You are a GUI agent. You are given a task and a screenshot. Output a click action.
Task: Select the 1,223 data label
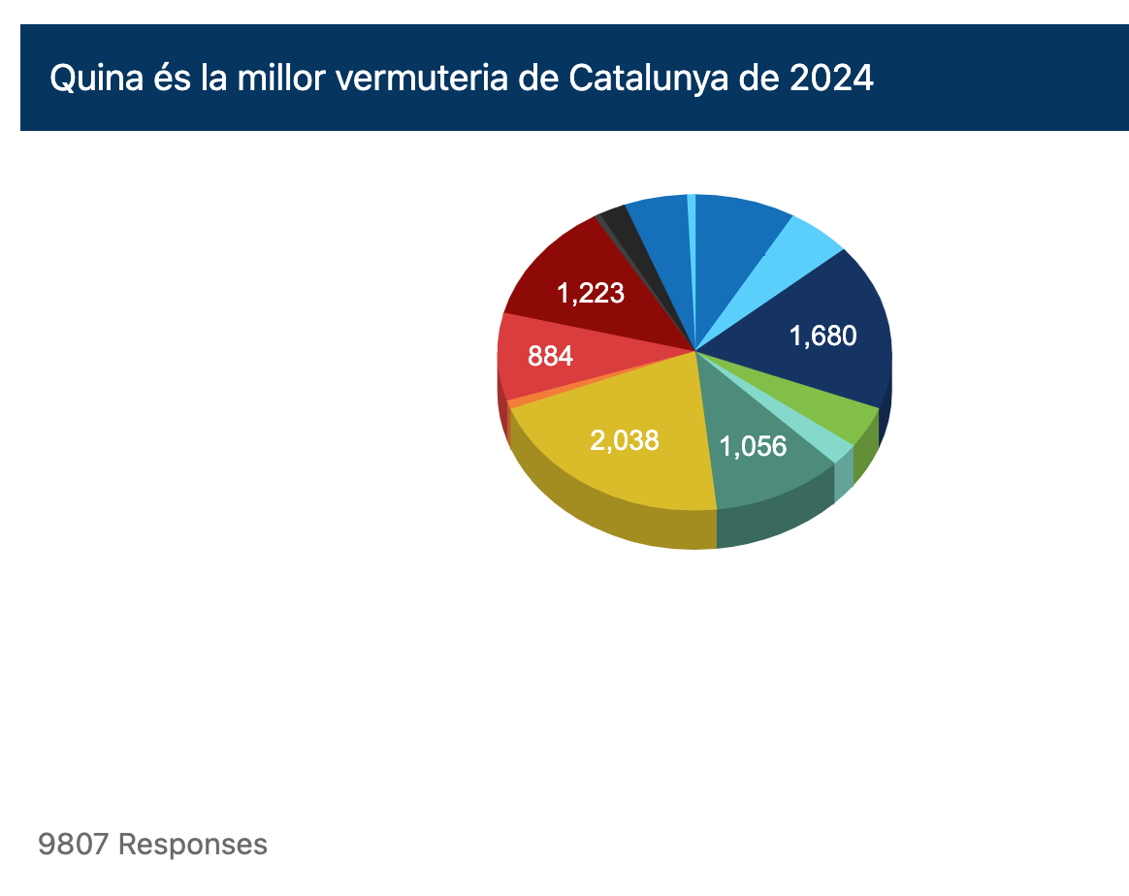tap(590, 293)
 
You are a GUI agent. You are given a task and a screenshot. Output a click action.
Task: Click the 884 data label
tap(550, 356)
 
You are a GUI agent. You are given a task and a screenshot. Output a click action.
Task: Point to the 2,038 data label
tap(624, 440)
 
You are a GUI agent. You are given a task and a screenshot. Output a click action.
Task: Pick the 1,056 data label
tap(753, 446)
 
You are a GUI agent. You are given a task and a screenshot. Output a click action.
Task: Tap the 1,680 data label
tap(823, 336)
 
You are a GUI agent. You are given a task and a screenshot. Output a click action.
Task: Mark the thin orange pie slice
tap(517, 400)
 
